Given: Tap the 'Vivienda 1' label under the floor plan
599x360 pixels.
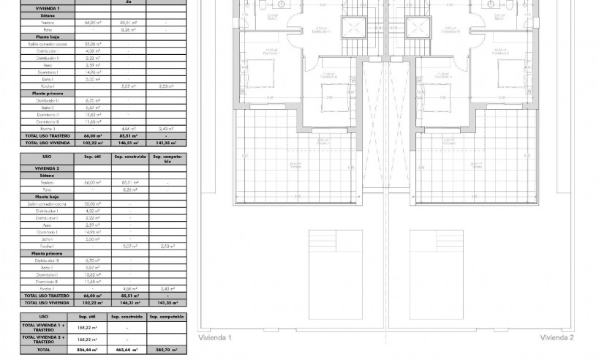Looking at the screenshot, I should [x=215, y=338].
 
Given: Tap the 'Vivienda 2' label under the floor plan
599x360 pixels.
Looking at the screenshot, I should [x=557, y=338].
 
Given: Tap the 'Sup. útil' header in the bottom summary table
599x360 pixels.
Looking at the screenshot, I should [x=91, y=316].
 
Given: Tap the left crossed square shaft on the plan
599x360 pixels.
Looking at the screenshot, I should [x=353, y=29].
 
